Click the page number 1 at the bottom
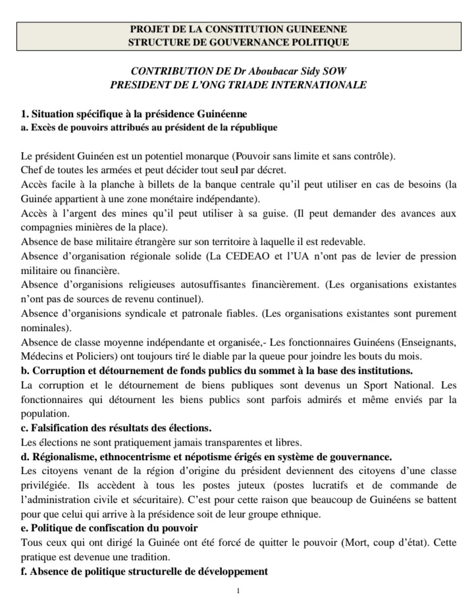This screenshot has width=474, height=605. pyautogui.click(x=238, y=591)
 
